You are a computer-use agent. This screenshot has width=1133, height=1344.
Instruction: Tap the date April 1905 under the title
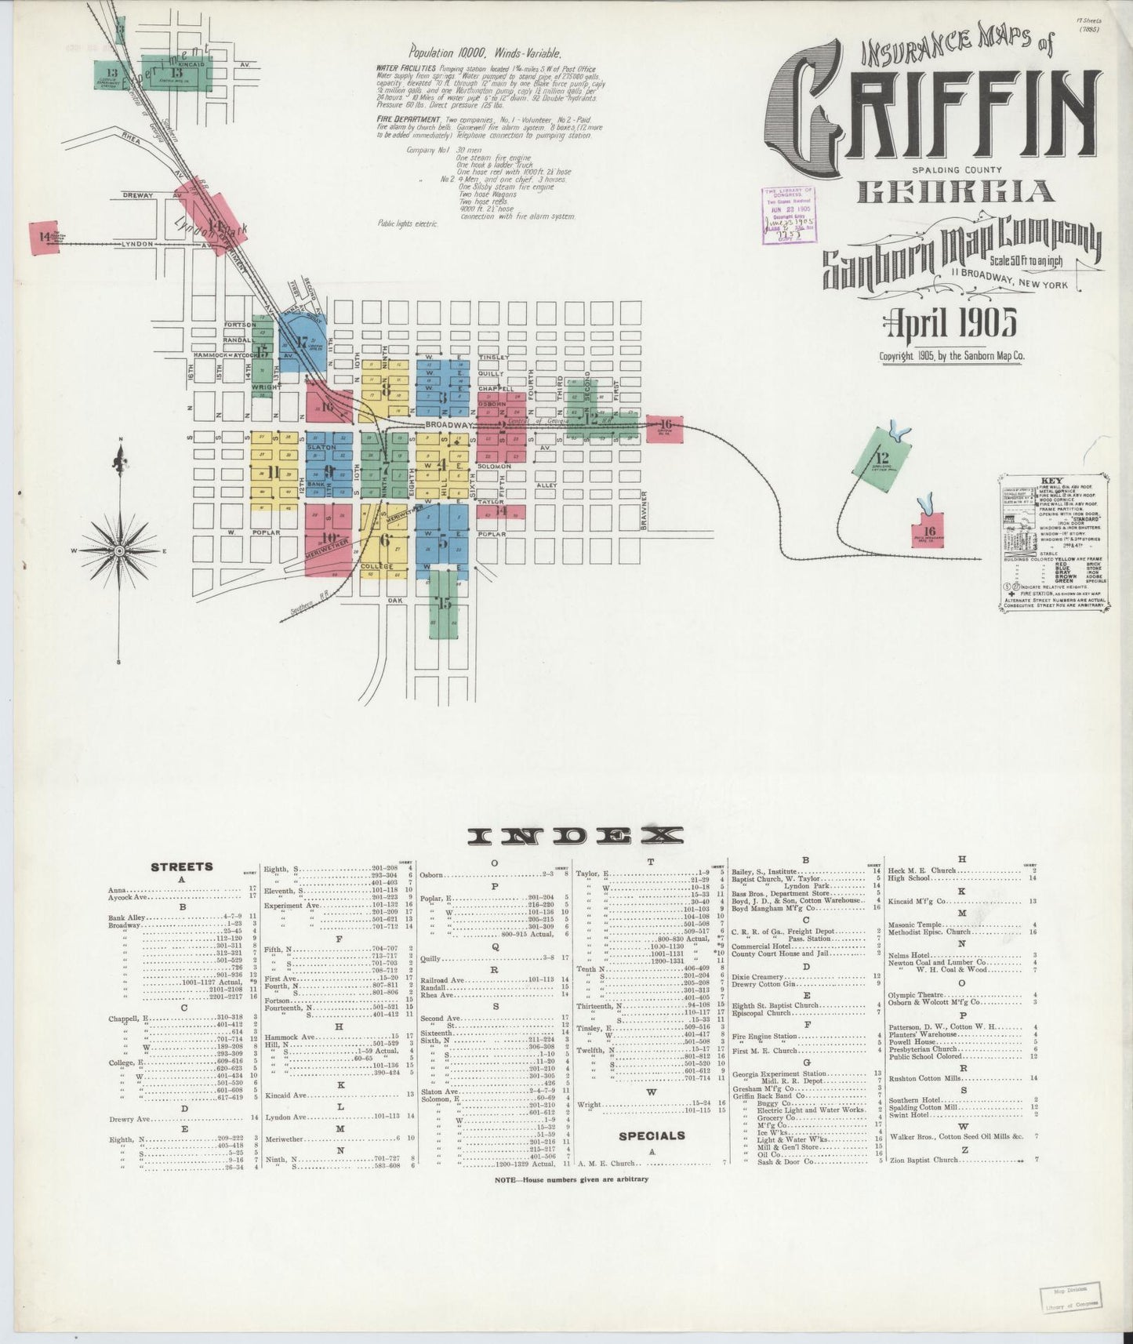(x=950, y=321)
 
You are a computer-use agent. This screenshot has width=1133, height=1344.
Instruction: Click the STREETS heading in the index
(x=181, y=866)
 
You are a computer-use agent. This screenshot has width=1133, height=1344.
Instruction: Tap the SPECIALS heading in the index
(x=652, y=1135)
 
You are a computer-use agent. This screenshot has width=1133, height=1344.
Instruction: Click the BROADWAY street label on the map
(x=446, y=425)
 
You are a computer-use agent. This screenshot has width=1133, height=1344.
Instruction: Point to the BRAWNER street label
(x=642, y=510)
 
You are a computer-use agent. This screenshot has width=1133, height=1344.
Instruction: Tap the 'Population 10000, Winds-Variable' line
(x=485, y=53)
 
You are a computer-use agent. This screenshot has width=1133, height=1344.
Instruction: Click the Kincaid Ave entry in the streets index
(x=285, y=1095)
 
